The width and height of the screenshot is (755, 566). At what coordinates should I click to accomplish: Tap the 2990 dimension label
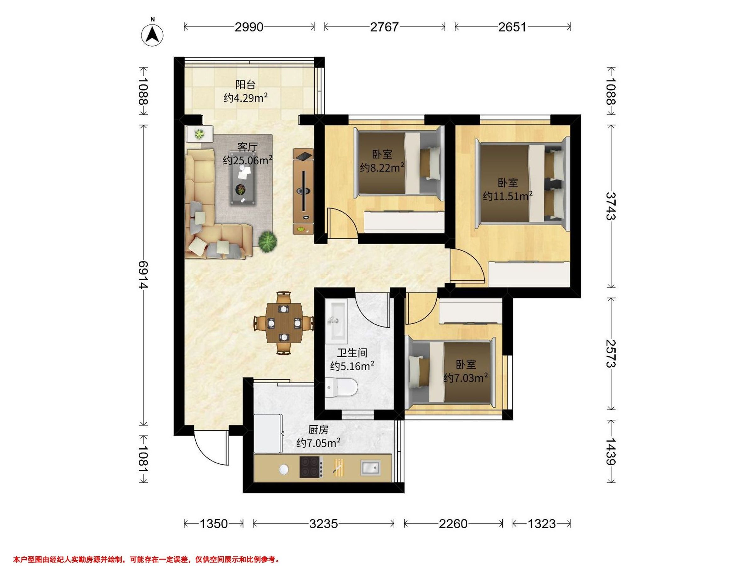249,27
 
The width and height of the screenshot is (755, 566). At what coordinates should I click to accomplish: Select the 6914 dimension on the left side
143,275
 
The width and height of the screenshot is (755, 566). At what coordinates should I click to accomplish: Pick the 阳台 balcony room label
245,84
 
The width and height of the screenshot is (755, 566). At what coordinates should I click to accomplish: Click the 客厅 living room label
248,147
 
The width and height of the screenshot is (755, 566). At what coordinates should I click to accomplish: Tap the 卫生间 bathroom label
353,352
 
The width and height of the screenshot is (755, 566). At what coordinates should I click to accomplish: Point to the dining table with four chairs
284,323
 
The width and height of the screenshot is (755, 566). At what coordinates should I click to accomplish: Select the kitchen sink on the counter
371,468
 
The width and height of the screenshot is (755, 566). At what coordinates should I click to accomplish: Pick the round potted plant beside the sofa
267,241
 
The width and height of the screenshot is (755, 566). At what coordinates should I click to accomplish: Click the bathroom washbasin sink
336,321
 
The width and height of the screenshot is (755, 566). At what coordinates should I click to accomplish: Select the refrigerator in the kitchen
268,433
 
